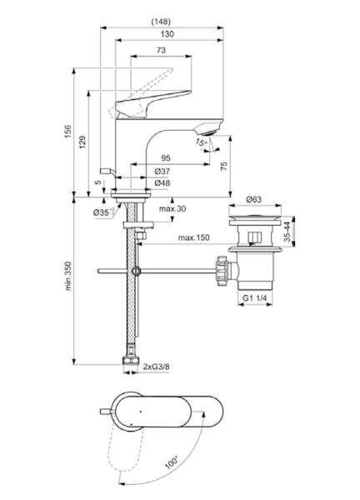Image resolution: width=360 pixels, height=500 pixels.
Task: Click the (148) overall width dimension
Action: click(161, 22)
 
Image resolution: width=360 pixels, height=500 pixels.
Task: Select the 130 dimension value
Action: click(167, 34)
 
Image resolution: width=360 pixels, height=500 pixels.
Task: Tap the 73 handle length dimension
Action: click(161, 50)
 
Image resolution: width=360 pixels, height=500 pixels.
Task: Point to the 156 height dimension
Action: click(68, 132)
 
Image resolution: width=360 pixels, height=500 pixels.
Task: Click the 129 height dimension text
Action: click(82, 142)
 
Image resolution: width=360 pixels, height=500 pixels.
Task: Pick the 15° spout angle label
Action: click(201, 142)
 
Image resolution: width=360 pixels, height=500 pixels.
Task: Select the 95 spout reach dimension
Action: click(166, 157)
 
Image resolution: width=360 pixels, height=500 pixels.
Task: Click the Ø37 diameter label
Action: click(162, 171)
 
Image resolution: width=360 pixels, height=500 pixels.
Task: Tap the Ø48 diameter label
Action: click(162, 183)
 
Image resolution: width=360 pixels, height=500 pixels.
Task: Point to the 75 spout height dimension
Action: click(224, 166)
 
